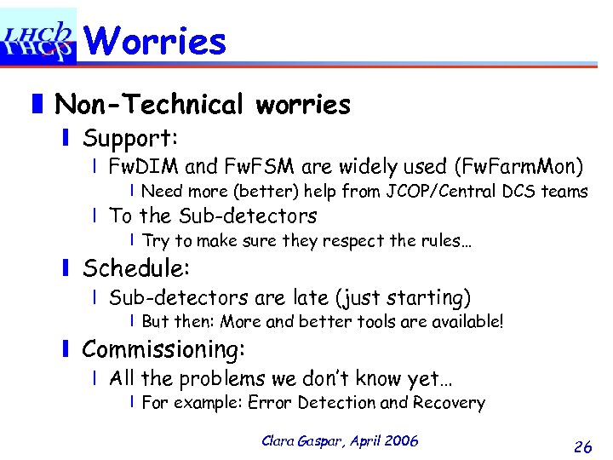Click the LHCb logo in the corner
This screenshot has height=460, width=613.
[37, 36]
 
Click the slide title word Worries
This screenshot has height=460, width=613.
[156, 40]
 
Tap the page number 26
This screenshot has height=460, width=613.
[583, 446]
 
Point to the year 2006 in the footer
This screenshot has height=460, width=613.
[401, 440]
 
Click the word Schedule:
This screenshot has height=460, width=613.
[136, 268]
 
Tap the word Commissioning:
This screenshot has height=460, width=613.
[163, 348]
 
